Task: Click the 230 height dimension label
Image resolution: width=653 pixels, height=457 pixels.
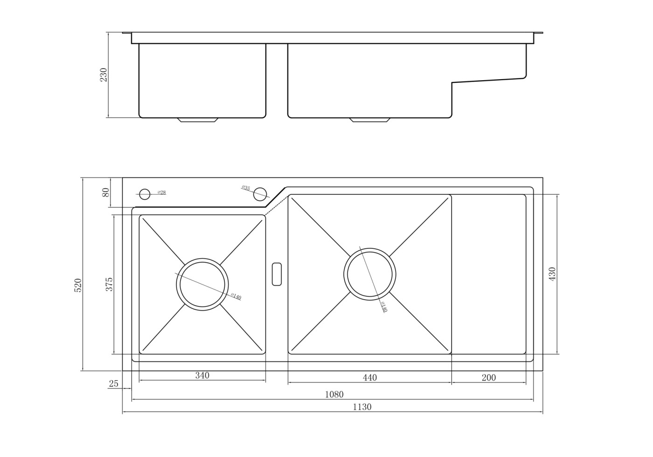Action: coord(104,75)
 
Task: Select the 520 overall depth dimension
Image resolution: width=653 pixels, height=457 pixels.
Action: coord(78,285)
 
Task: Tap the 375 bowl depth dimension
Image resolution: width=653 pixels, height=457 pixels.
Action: coord(109,284)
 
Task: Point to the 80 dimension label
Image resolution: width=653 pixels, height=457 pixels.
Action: coord(105,192)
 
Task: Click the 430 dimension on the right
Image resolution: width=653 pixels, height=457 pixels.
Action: coord(552,274)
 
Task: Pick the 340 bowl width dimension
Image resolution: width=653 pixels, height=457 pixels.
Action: coord(202,375)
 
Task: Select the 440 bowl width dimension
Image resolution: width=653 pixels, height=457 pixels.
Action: coord(369,377)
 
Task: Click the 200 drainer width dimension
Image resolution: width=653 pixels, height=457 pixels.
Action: coord(489,377)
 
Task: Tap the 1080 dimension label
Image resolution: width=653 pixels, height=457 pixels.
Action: coord(334,395)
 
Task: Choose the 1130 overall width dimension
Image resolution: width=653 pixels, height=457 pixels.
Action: coord(362,407)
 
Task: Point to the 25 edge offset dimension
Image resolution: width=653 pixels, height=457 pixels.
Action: coord(114,384)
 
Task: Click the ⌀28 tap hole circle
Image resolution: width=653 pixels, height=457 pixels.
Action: coord(145,194)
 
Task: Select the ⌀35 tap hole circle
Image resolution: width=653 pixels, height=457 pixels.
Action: coord(260,194)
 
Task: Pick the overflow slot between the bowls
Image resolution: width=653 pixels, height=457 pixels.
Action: coord(277,274)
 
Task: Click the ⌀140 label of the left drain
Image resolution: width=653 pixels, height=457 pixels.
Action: coord(236,296)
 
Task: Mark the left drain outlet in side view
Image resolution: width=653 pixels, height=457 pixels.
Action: coord(198,120)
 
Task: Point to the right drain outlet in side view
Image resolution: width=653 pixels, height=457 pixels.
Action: coord(370,120)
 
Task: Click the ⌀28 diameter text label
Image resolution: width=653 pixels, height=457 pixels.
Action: coord(161,192)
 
